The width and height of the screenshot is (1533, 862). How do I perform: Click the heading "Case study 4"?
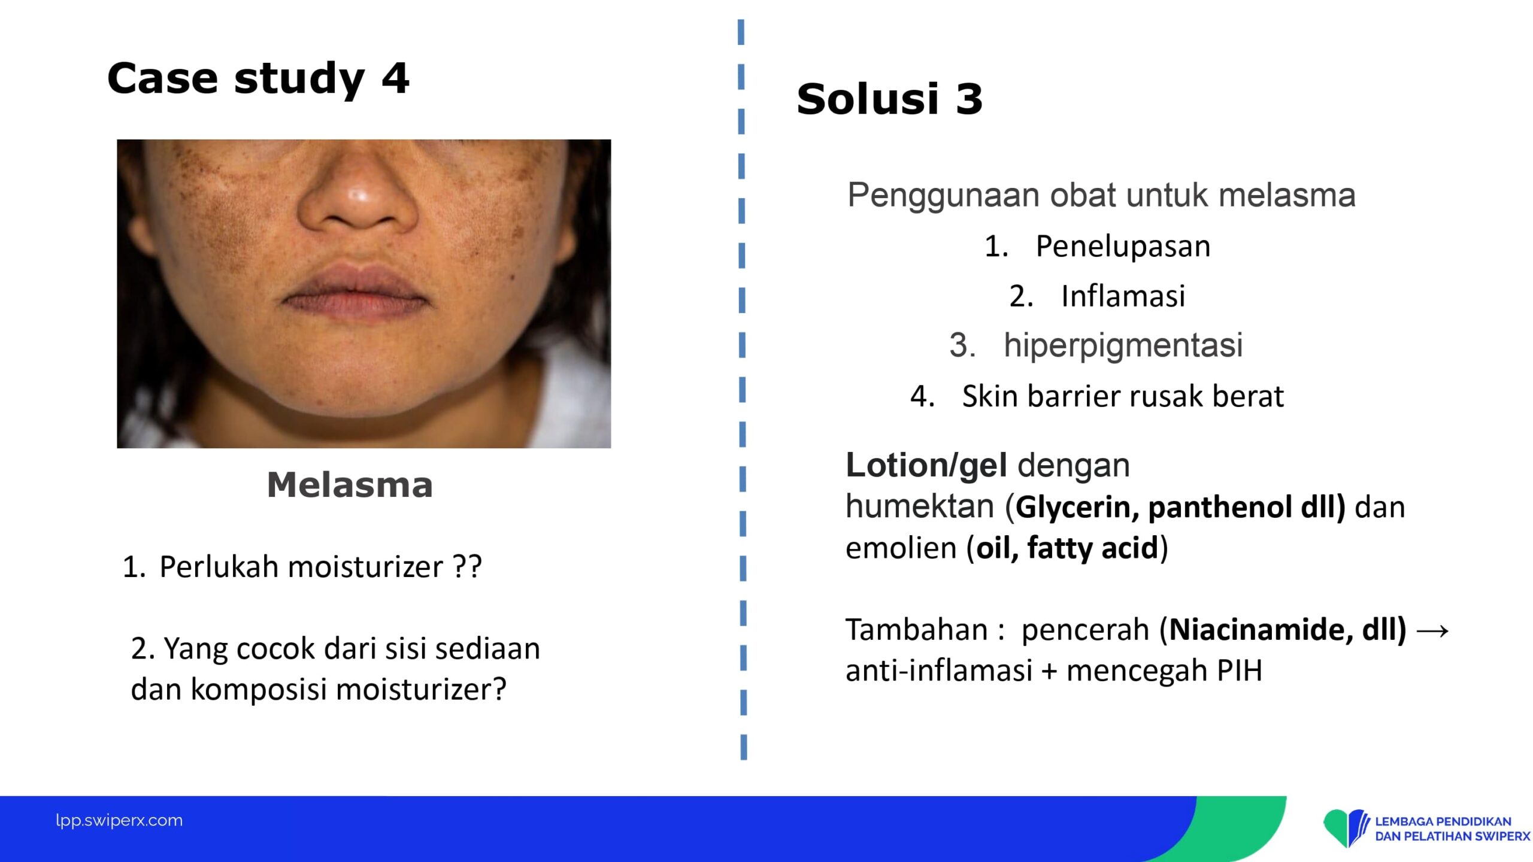(258, 78)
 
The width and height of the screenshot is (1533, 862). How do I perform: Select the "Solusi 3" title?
(890, 99)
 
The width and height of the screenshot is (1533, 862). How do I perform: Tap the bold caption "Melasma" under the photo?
(350, 485)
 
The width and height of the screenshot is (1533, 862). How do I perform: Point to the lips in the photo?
(356, 293)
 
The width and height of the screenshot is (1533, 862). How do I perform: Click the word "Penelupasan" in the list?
(1123, 247)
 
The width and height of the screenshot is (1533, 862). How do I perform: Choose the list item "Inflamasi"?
(1123, 296)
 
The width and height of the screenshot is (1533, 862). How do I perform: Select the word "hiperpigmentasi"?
(1123, 346)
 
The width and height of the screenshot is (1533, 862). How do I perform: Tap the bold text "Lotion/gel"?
(926, 466)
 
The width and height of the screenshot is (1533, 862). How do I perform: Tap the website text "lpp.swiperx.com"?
(119, 820)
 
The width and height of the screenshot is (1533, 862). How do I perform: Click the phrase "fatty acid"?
(1093, 548)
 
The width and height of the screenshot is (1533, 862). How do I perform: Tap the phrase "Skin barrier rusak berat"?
(1123, 396)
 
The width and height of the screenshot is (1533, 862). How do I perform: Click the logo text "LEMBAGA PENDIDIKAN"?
(1443, 821)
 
